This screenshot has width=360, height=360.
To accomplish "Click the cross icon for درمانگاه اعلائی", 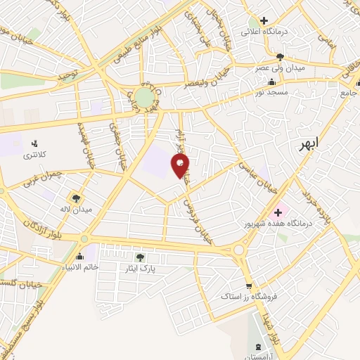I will point(264,21).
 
